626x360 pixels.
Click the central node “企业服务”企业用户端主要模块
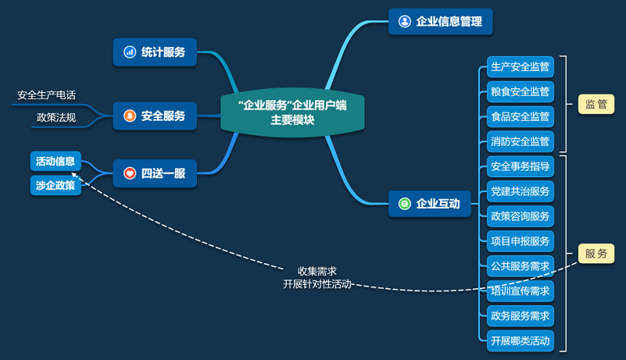292,113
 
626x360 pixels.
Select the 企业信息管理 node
440,21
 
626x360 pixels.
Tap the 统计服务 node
155,52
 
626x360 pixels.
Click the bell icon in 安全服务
130,116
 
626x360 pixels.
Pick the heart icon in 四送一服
130,173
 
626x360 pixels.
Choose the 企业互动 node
429,205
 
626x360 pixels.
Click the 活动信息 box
55,162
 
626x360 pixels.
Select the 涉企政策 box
55,185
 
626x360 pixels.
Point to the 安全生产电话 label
47,95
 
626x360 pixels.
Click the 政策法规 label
56,118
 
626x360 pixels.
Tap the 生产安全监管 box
520,67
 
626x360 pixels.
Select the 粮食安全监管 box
520,92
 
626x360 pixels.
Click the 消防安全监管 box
520,142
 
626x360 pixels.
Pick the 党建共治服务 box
520,191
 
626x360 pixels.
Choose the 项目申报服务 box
520,241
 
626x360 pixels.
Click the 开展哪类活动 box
520,340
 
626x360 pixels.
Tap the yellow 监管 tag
596,105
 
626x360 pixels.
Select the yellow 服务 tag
596,254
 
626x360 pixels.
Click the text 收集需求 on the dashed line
317,271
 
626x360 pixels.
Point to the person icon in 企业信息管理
404,21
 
